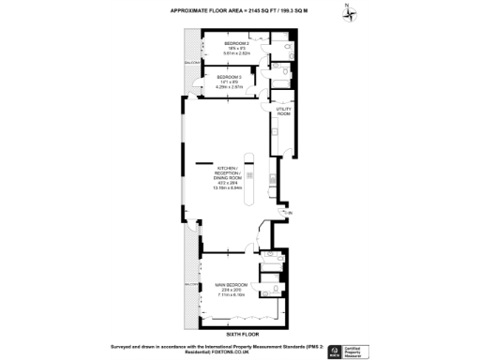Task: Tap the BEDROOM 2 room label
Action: [236, 43]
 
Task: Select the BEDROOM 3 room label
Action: [230, 77]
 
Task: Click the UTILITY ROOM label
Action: [283, 111]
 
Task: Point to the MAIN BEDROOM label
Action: [230, 284]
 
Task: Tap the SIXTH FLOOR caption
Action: [241, 334]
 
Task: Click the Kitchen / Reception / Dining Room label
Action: [229, 174]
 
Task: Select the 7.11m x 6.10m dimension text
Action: [230, 295]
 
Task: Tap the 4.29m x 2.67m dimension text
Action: [230, 87]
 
